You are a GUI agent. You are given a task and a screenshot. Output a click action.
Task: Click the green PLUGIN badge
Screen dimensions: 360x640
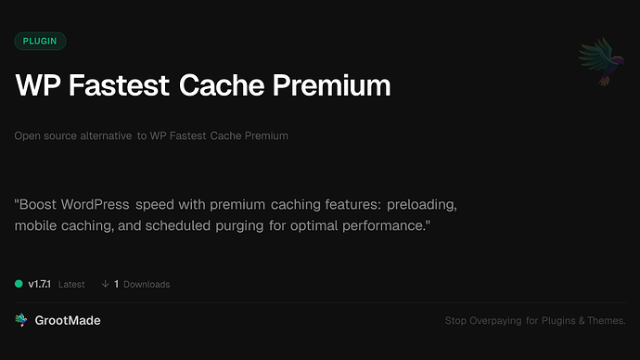(40, 41)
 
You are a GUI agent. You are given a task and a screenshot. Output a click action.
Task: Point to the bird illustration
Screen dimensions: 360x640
(595, 62)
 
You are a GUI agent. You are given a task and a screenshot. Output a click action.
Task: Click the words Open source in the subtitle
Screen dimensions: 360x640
(45, 135)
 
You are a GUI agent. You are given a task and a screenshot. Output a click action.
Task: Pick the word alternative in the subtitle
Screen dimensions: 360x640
(106, 135)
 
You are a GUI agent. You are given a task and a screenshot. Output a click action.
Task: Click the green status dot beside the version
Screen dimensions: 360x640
(19, 284)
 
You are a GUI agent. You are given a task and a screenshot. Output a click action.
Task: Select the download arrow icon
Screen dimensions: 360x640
(105, 284)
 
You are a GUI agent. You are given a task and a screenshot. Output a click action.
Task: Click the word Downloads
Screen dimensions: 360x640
(147, 284)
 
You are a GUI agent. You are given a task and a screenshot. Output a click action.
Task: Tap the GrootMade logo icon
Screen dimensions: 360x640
(21, 320)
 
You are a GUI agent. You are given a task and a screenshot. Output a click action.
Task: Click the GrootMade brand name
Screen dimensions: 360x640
(68, 320)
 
